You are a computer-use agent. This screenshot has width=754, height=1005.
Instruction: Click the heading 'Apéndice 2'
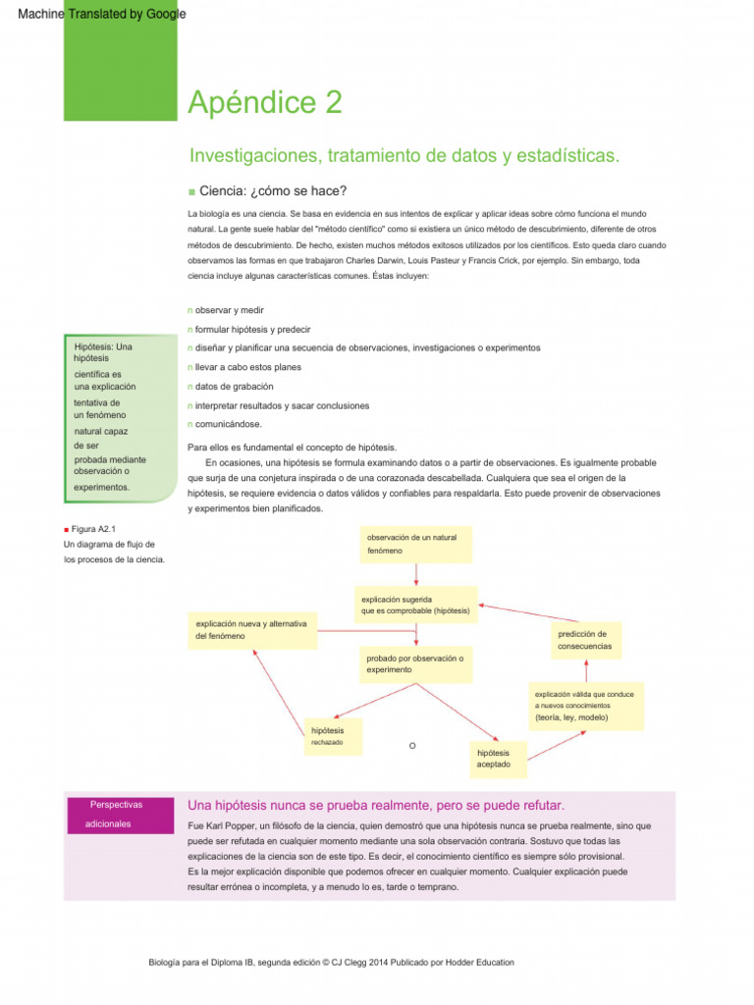click(264, 102)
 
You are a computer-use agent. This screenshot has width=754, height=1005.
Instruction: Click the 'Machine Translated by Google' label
click(94, 14)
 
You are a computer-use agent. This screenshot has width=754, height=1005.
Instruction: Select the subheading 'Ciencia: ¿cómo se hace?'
click(272, 190)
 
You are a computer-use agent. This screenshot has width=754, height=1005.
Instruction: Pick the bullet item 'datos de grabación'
click(234, 386)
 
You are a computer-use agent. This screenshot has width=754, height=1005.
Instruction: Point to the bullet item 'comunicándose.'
click(228, 424)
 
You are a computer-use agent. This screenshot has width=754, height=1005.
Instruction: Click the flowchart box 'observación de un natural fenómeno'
click(416, 545)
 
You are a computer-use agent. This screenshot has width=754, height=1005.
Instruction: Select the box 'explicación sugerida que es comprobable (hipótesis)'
click(416, 605)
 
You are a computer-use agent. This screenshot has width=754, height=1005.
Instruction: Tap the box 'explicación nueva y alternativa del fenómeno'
click(252, 629)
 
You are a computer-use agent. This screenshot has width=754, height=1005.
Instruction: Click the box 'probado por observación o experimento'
click(416, 662)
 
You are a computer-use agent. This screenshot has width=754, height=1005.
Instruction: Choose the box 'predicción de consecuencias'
click(585, 640)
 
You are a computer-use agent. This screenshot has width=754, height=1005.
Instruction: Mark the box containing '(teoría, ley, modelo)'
click(585, 706)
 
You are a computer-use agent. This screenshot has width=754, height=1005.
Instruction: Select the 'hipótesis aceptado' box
click(499, 757)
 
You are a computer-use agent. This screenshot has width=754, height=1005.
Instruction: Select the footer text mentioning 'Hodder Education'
click(330, 963)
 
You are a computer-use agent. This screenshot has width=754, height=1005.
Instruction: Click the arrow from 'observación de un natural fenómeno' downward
click(416, 574)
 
